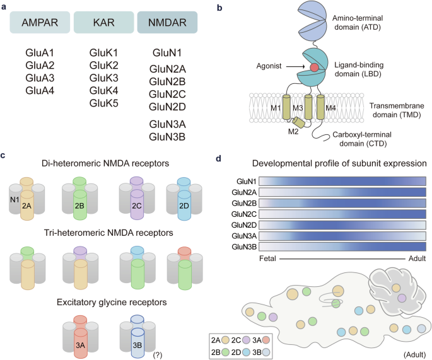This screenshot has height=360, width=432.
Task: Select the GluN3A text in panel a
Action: [x=167, y=124]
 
